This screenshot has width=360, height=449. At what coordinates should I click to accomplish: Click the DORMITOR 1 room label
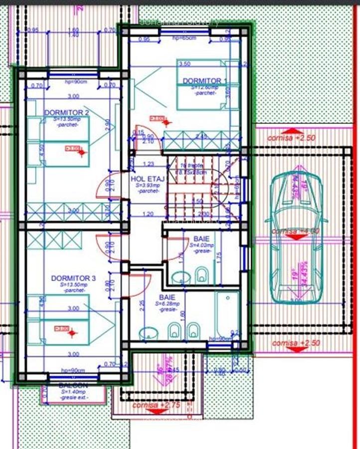pyautogui.click(x=204, y=81)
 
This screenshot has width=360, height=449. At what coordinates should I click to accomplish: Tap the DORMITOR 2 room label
pyautogui.click(x=66, y=113)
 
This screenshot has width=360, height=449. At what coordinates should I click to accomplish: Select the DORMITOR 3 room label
pyautogui.click(x=73, y=278)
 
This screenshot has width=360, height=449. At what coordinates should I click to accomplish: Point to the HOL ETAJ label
pyautogui.click(x=145, y=179)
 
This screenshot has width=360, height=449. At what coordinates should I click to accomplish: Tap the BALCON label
pyautogui.click(x=73, y=386)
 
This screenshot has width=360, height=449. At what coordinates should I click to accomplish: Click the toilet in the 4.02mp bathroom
pyautogui.click(x=202, y=274)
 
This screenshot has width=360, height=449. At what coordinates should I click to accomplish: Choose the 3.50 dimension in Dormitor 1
pyautogui.click(x=184, y=64)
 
